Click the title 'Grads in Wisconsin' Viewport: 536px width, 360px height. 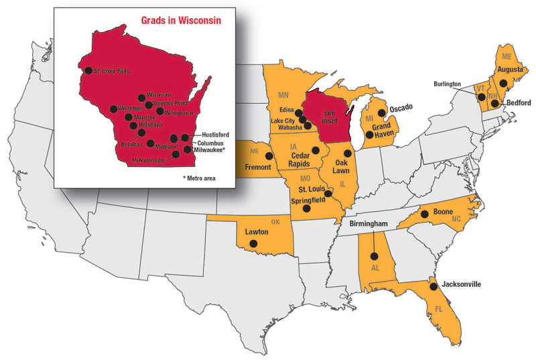click(181, 20)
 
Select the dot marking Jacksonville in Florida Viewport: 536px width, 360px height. click(433, 286)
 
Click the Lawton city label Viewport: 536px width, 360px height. click(257, 231)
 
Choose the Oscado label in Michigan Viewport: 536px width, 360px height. click(400, 108)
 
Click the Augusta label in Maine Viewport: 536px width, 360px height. click(509, 70)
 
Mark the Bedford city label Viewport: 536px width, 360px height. click(518, 103)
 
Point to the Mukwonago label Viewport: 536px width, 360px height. click(147, 160)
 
